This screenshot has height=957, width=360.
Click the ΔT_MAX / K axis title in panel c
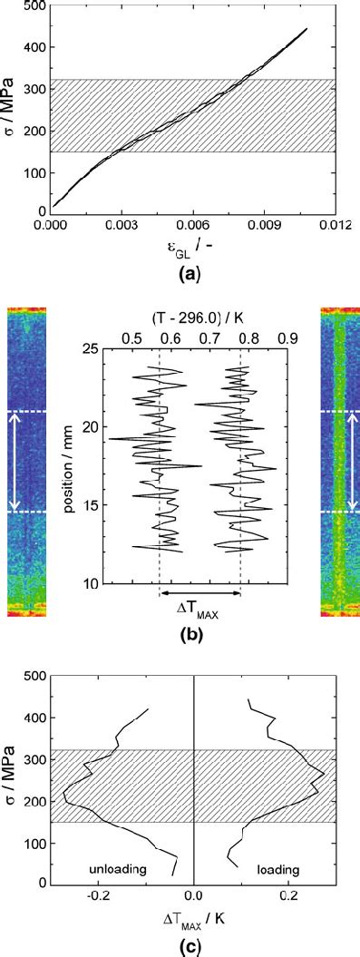pos(194,919)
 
